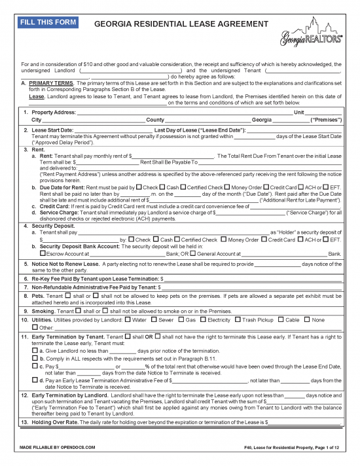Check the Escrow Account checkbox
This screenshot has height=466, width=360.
coord(43,252)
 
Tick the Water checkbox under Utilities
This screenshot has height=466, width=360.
coord(128,320)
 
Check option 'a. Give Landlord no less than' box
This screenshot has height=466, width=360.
coord(35,350)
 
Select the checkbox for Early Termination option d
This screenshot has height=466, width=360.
coord(35,380)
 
